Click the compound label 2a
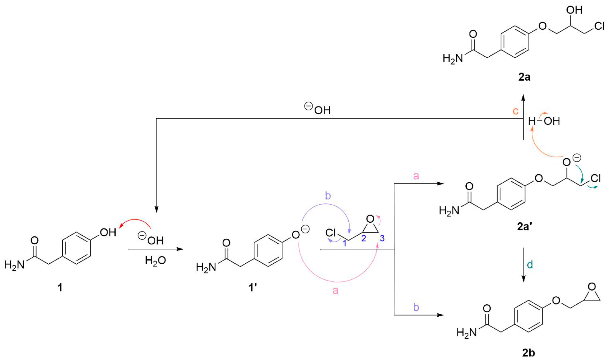pyautogui.click(x=524, y=77)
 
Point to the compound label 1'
pyautogui.click(x=253, y=288)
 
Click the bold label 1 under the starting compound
pyautogui.click(x=60, y=288)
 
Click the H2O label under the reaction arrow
pyautogui.click(x=155, y=260)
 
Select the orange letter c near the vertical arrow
pyautogui.click(x=516, y=111)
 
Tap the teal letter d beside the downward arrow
pyautogui.click(x=530, y=265)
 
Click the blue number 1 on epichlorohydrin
pyautogui.click(x=345, y=244)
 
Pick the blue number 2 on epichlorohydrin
pyautogui.click(x=364, y=238)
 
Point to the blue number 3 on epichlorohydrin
pyautogui.click(x=382, y=238)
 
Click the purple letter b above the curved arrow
pyautogui.click(x=328, y=196)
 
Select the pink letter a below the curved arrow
pyautogui.click(x=335, y=290)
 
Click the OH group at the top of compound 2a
pyautogui.click(x=574, y=10)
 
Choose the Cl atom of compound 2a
pyautogui.click(x=599, y=26)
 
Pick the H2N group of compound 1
pyautogui.click(x=14, y=265)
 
